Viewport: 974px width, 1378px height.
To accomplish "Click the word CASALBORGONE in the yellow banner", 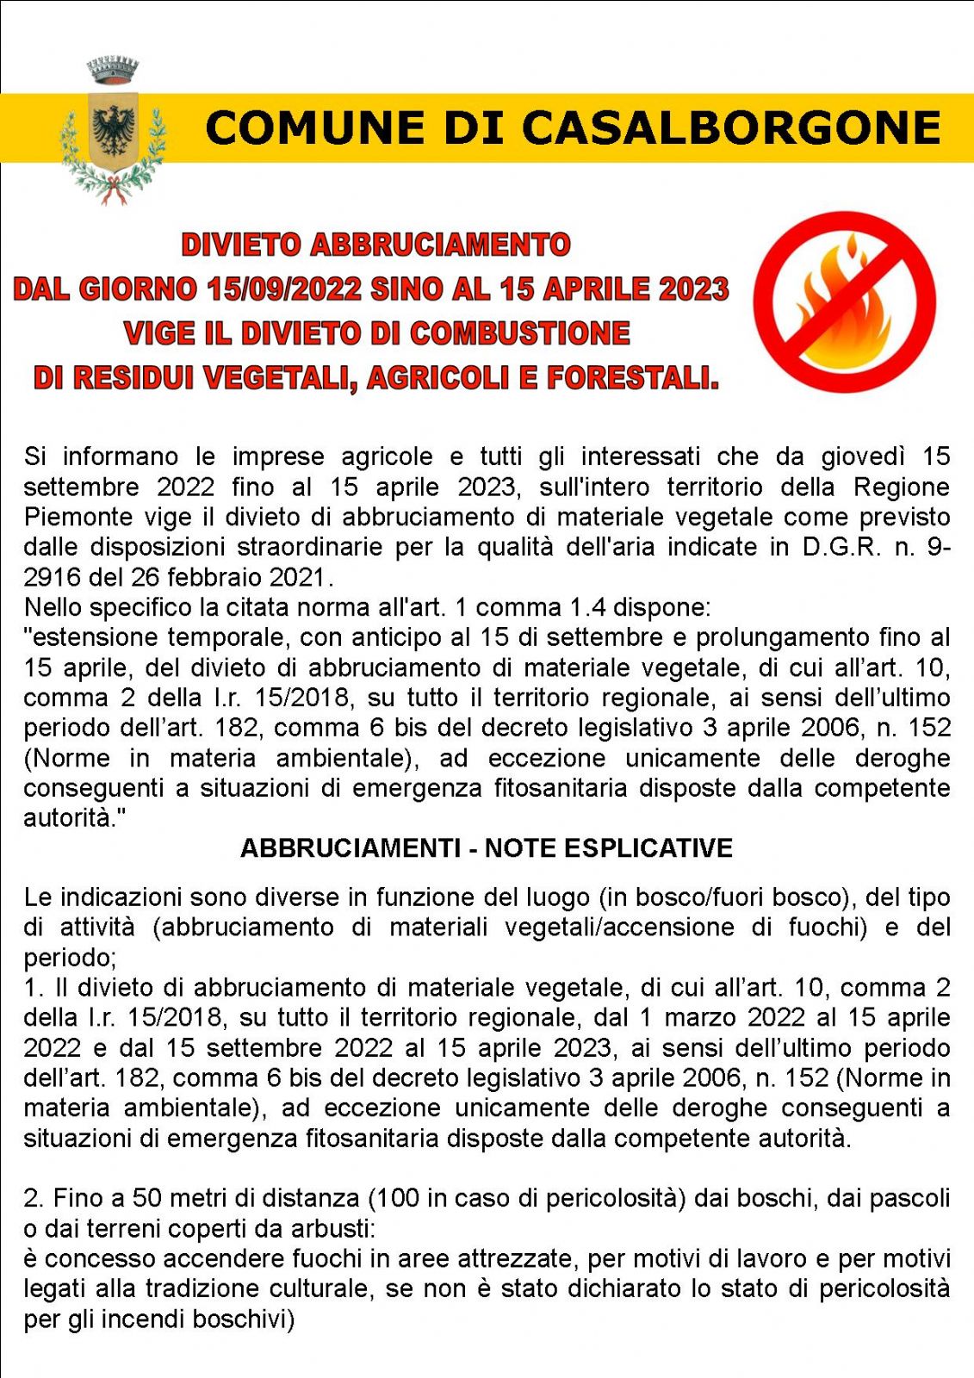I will (731, 127).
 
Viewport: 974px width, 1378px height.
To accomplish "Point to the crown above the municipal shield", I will (113, 71).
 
